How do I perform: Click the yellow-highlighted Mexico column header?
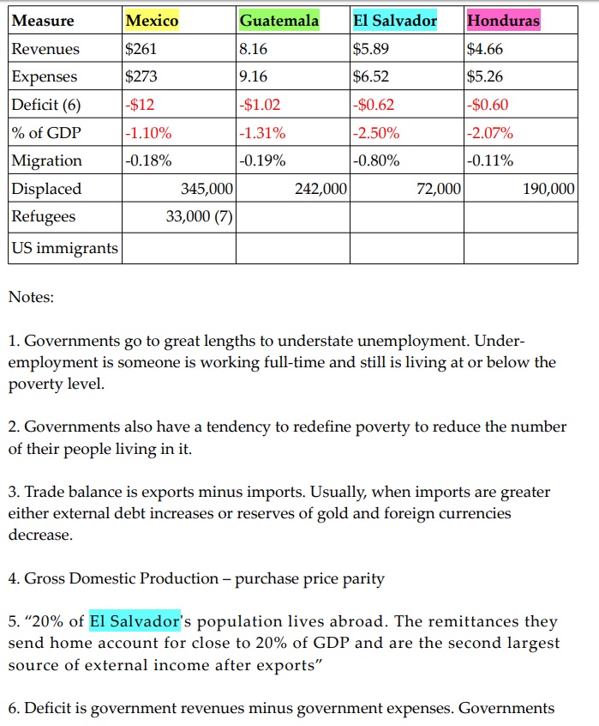[x=152, y=20]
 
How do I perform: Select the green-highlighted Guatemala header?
[x=279, y=20]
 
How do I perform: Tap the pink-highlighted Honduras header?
[x=503, y=20]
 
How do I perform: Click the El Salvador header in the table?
[x=395, y=20]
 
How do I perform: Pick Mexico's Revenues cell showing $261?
[x=141, y=49]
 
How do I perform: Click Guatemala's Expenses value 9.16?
[x=254, y=76]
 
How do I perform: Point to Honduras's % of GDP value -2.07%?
[x=490, y=133]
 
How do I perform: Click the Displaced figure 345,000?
[x=207, y=189]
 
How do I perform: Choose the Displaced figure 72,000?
[x=439, y=189]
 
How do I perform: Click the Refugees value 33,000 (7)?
[x=199, y=216]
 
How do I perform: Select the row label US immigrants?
[x=64, y=249]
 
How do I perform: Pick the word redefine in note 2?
[x=301, y=427]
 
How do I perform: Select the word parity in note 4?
[x=364, y=578]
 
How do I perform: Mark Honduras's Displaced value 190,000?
[x=548, y=189]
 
